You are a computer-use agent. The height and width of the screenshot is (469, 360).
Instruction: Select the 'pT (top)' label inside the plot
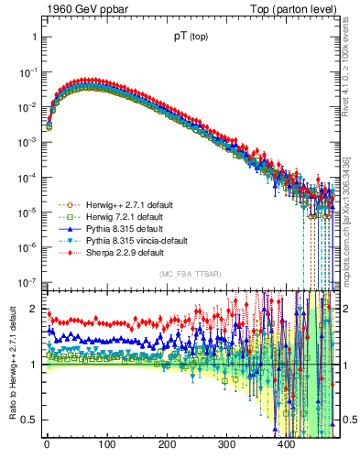(191, 38)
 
